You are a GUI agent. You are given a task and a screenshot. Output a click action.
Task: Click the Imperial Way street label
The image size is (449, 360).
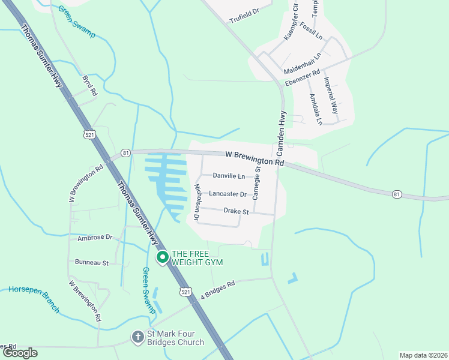(331, 95)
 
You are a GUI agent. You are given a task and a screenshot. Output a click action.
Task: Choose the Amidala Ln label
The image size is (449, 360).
(316, 109)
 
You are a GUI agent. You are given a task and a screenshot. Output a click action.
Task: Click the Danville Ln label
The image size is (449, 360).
(229, 176)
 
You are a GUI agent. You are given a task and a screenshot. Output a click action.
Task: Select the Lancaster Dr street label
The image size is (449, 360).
(228, 194)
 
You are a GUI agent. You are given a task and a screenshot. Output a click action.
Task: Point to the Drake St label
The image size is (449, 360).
(236, 211)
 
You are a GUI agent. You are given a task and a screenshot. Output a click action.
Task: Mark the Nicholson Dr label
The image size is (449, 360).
(196, 199)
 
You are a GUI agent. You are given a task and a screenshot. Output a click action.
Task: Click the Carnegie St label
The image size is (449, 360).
(258, 184)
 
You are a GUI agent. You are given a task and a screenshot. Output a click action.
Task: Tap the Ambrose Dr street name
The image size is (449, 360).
(95, 238)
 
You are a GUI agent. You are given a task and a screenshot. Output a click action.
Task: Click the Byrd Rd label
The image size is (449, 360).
(89, 86)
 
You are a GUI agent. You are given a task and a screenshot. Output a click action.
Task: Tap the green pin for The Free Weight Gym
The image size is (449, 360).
(162, 257)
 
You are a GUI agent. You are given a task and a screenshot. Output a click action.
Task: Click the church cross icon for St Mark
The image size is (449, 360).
(137, 337)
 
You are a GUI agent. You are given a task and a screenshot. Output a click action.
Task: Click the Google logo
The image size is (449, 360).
(20, 352)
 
